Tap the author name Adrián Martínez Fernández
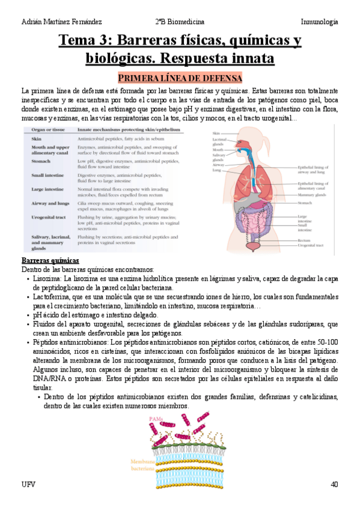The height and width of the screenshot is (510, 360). pyautogui.click(x=61, y=22)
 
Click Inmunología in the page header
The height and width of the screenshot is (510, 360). pyautogui.click(x=319, y=22)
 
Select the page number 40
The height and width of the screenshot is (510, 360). pyautogui.click(x=334, y=485)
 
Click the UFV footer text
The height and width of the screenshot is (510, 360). pyautogui.click(x=28, y=485)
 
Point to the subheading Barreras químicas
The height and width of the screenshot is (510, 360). pyautogui.click(x=50, y=261)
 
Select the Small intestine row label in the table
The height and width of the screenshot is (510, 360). pyautogui.click(x=50, y=176)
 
